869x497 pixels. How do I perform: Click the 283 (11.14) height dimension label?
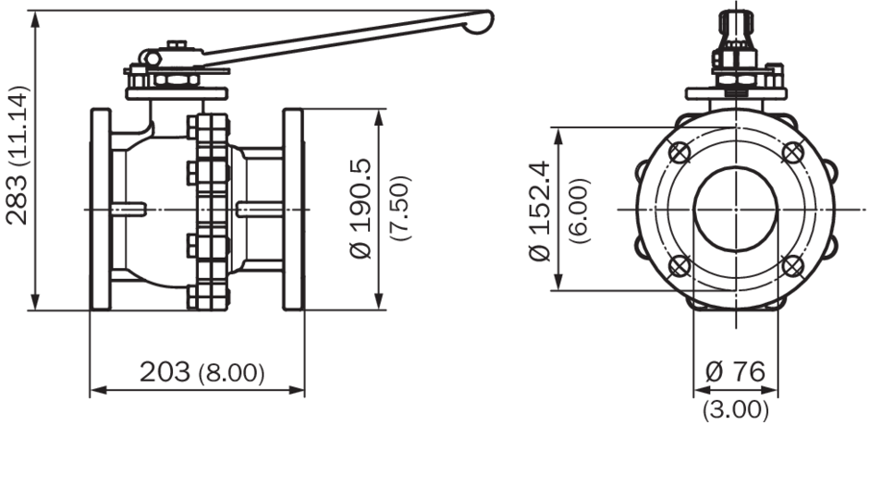(x=16, y=155)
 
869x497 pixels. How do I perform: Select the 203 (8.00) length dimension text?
(x=202, y=372)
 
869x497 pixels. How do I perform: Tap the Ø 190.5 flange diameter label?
(x=361, y=209)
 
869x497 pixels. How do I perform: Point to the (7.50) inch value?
(x=400, y=208)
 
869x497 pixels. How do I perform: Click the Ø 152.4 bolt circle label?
(x=540, y=211)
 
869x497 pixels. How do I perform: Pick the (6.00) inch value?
(x=580, y=211)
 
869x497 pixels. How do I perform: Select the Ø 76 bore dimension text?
(x=736, y=371)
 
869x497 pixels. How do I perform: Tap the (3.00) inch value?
(x=736, y=410)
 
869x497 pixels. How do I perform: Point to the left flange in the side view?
(x=101, y=209)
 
